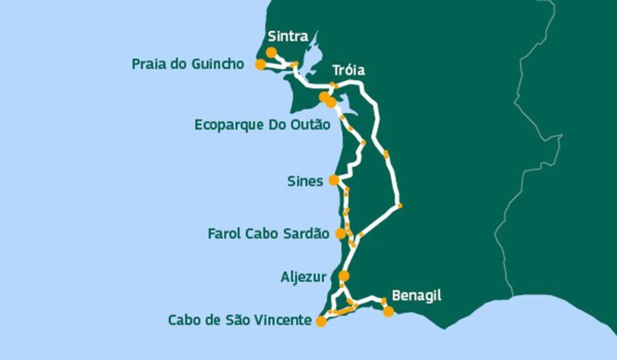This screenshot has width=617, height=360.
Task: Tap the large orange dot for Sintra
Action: point(271,52)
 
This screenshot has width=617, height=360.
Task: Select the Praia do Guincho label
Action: point(188,64)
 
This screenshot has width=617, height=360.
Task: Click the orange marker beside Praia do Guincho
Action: point(260,64)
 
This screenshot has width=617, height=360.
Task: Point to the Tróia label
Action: point(348,71)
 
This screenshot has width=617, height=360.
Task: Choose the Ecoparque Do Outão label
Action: point(263,125)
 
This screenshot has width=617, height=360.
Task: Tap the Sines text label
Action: point(305,182)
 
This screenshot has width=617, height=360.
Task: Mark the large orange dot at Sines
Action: point(334,180)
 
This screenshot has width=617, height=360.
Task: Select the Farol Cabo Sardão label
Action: point(268,234)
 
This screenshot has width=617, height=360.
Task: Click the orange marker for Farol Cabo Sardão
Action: point(341,234)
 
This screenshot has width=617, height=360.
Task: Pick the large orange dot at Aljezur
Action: point(344,276)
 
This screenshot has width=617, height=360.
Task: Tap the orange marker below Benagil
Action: point(389,311)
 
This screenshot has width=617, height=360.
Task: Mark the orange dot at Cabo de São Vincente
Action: point(320,321)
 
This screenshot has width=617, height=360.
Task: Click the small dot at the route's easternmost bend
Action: point(399,206)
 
